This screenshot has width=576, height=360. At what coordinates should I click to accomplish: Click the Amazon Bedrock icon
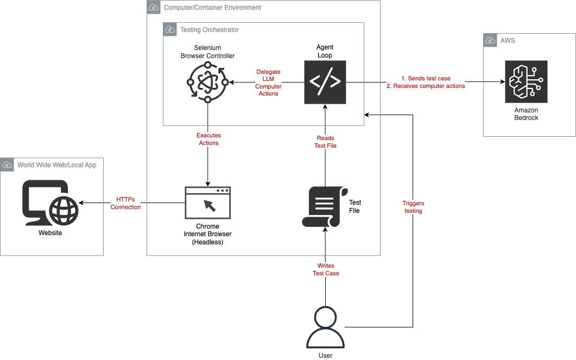[526, 81]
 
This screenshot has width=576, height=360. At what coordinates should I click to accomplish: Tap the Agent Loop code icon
[325, 82]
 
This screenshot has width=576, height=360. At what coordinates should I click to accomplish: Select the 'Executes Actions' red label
[208, 139]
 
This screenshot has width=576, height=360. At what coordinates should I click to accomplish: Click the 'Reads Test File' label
[325, 142]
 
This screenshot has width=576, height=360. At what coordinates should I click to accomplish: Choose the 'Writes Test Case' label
[326, 269]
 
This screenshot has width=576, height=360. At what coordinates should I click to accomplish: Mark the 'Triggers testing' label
[413, 207]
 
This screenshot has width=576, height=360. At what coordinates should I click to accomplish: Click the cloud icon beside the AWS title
[490, 40]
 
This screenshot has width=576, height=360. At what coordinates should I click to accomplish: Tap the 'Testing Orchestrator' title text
[209, 29]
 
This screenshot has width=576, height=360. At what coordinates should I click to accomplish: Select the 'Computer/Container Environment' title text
[212, 8]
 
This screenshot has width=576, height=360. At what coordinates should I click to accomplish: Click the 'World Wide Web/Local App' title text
[56, 165]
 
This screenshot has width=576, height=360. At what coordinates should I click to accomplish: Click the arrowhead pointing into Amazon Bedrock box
[501, 82]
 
